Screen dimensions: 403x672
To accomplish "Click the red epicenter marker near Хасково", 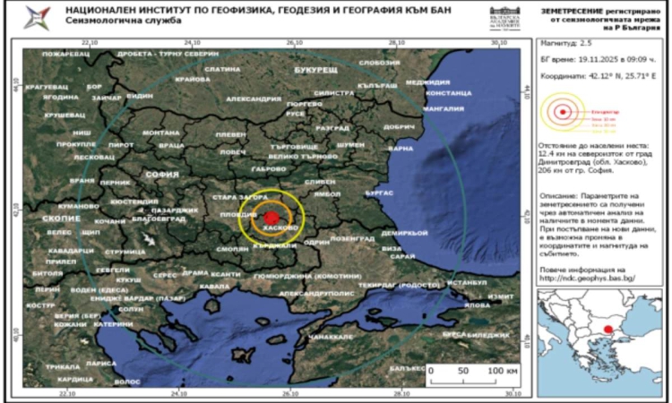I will coord(271,216).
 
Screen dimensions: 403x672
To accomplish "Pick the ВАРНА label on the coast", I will coord(401,148).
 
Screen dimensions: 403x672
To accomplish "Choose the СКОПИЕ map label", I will coord(61,218).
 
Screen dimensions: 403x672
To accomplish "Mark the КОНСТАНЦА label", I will coord(448,93).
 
